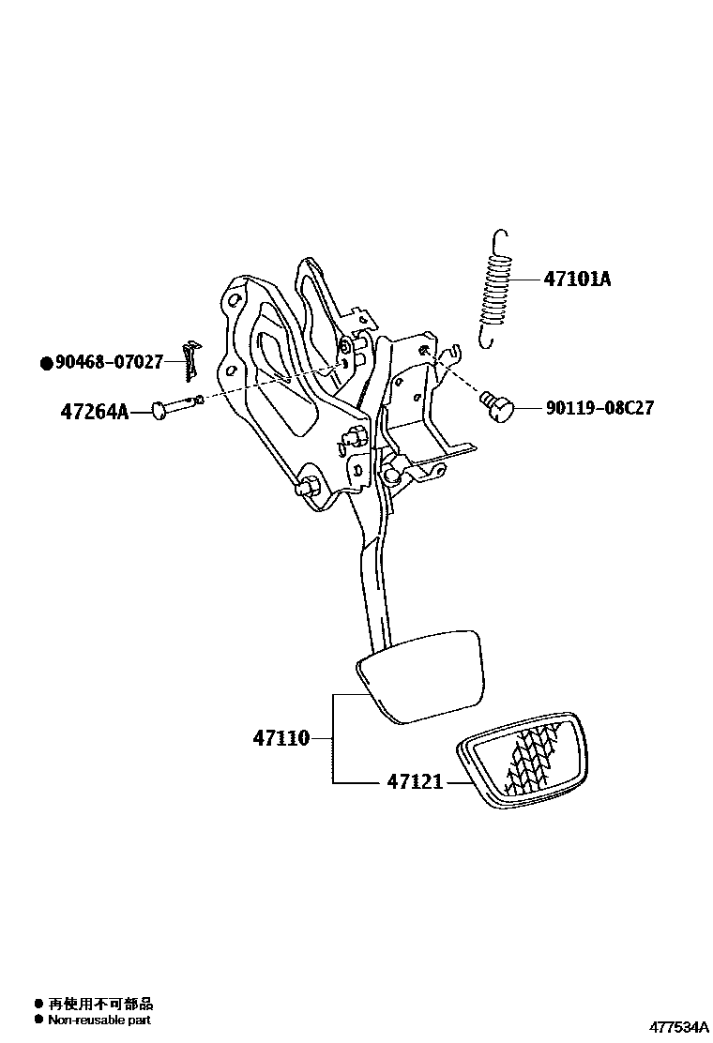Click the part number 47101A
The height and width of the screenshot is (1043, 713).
click(x=576, y=279)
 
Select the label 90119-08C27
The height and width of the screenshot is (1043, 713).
click(x=599, y=408)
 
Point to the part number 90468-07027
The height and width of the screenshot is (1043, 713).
click(x=110, y=361)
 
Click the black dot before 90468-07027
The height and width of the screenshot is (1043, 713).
click(x=46, y=362)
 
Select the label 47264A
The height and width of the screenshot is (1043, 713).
click(x=94, y=410)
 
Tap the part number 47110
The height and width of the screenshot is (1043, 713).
click(x=281, y=738)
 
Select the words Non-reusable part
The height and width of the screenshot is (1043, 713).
click(x=99, y=1020)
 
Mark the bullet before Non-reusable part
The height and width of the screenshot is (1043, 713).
click(x=38, y=1020)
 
